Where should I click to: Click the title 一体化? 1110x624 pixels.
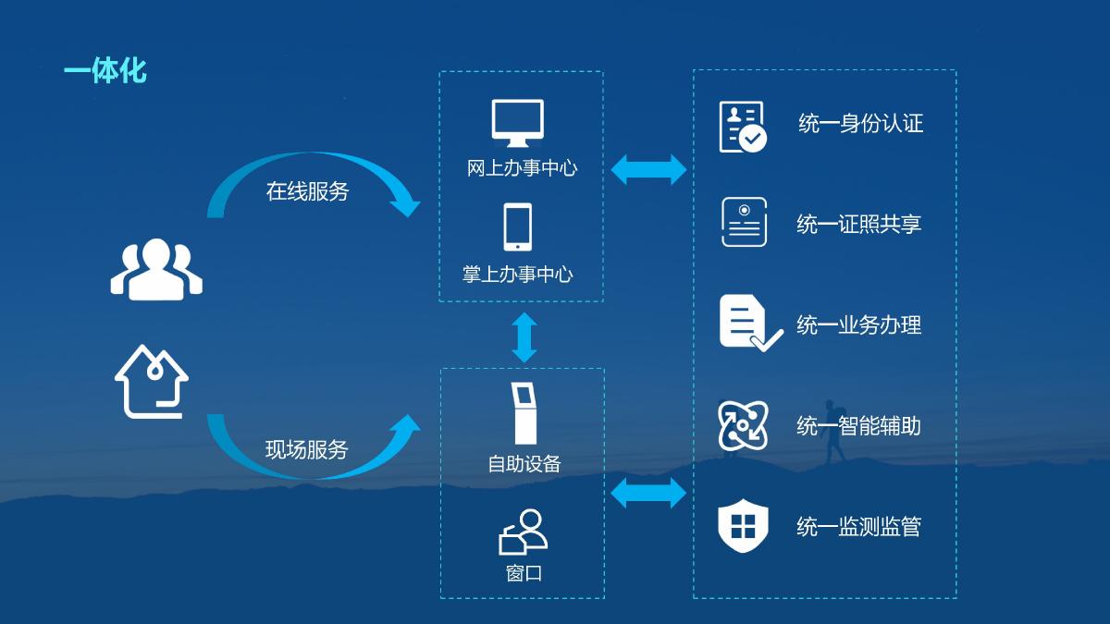click(x=105, y=71)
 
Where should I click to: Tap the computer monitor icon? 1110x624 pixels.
click(x=517, y=123)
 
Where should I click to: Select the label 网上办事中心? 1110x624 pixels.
click(x=522, y=168)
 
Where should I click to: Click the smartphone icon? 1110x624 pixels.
click(x=518, y=226)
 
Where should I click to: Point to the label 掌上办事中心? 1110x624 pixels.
click(x=517, y=274)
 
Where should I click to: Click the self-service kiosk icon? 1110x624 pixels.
click(x=524, y=413)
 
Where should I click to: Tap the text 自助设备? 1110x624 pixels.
click(x=524, y=464)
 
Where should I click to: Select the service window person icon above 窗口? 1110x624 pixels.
click(x=523, y=532)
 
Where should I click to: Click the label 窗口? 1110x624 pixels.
click(x=524, y=573)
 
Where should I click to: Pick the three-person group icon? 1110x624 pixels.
click(x=156, y=269)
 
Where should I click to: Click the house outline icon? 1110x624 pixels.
click(x=151, y=381)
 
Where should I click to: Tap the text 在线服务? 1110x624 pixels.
click(x=307, y=191)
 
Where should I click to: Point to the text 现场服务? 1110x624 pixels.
click(x=307, y=449)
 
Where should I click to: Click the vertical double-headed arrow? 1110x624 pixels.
click(x=524, y=337)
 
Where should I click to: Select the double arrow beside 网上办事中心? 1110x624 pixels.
click(x=648, y=169)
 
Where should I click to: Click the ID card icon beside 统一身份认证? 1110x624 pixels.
click(x=743, y=127)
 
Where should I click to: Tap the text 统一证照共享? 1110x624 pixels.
click(x=858, y=224)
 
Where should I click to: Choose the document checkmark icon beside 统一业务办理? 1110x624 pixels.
click(x=751, y=323)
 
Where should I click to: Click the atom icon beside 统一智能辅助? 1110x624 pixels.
click(x=743, y=425)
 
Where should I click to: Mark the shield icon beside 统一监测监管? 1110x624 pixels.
click(x=743, y=525)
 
